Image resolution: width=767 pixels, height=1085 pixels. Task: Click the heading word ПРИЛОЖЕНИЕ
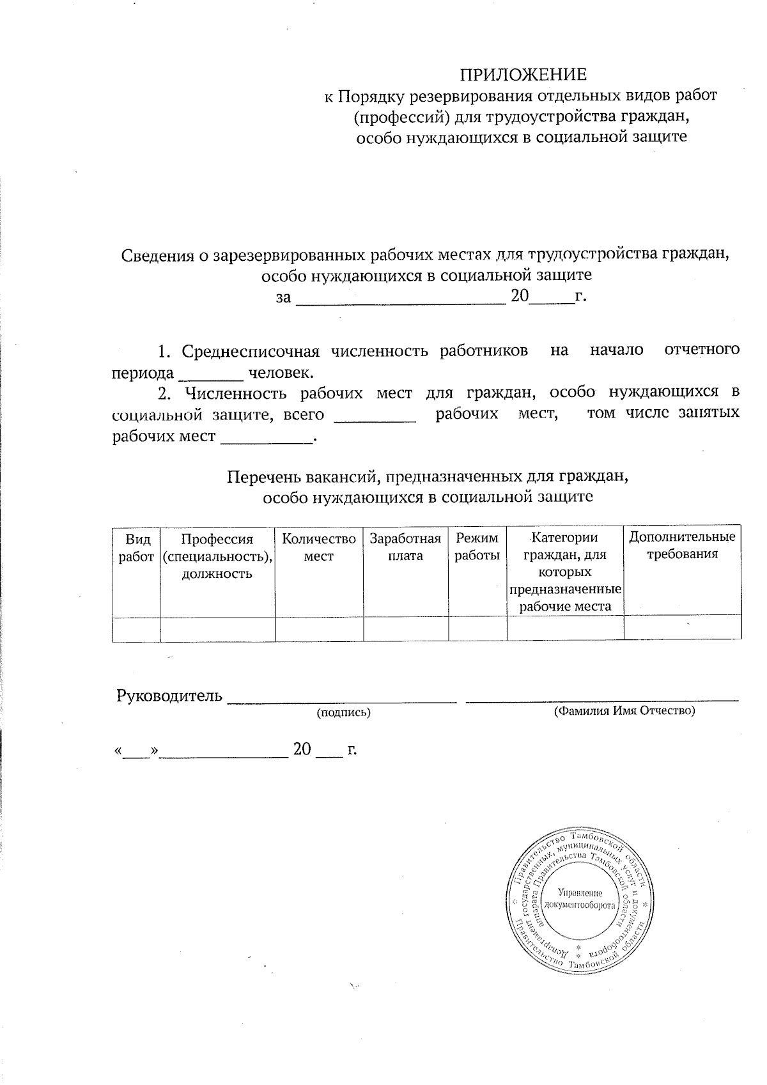click(x=523, y=75)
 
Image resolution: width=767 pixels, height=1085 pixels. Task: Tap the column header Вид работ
click(x=136, y=548)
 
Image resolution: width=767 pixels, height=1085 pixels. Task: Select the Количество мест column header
click(x=319, y=548)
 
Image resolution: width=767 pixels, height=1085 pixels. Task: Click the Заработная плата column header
click(x=405, y=547)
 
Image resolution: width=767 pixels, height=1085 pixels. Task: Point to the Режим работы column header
click(x=477, y=547)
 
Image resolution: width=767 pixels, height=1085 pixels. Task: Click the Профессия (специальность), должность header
click(x=217, y=556)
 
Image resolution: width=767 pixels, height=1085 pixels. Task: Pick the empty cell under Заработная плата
click(x=405, y=629)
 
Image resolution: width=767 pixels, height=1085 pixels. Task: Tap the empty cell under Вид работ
click(x=136, y=629)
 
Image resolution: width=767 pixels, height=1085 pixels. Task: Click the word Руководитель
click(x=169, y=696)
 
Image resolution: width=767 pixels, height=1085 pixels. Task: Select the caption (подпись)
click(x=344, y=712)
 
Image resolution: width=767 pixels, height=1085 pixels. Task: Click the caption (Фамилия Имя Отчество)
click(x=624, y=710)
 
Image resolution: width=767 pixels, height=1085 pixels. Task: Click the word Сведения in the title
click(x=157, y=255)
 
